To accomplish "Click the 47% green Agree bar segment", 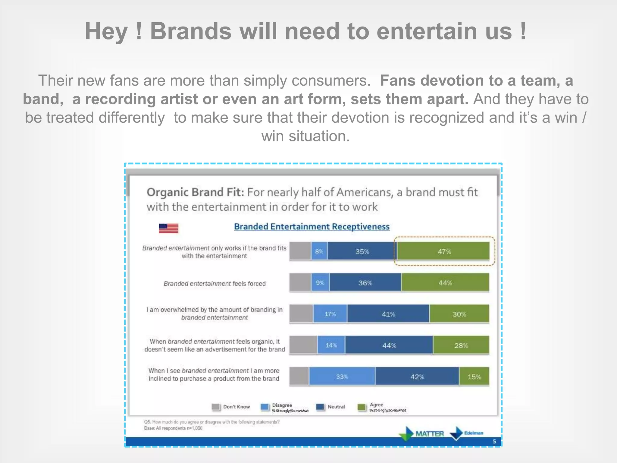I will pyautogui.click(x=443, y=251).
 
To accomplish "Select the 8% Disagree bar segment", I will pyautogui.click(x=319, y=251).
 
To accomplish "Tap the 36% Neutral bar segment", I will pyautogui.click(x=365, y=283).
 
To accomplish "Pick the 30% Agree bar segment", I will pyautogui.click(x=459, y=314).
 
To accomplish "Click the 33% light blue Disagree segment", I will pyautogui.click(x=342, y=376).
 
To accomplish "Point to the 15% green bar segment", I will pyautogui.click(x=474, y=376).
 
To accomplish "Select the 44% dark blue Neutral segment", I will pyautogui.click(x=389, y=345).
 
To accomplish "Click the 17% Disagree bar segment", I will pyautogui.click(x=330, y=314).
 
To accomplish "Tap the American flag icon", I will pyautogui.click(x=168, y=228).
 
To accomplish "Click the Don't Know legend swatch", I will pyautogui.click(x=216, y=407).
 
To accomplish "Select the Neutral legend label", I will pyautogui.click(x=336, y=407).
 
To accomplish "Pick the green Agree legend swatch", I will pyautogui.click(x=361, y=407).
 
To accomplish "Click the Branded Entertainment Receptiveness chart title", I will pyautogui.click(x=312, y=227).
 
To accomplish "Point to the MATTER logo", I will pyautogui.click(x=429, y=434).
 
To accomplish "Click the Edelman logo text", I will pyautogui.click(x=474, y=433).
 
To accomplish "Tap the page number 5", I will pyautogui.click(x=494, y=442).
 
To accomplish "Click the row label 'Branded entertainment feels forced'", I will pyautogui.click(x=215, y=284).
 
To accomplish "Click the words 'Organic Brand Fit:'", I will pyautogui.click(x=195, y=192).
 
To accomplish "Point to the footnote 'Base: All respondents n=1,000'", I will pyautogui.click(x=173, y=428).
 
